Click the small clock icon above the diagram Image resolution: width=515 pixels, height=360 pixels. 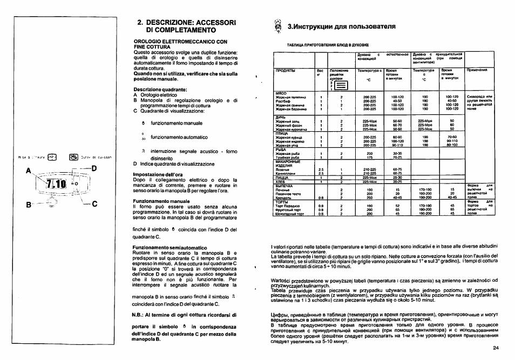click(x=53, y=158)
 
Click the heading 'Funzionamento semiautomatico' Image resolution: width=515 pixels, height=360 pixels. click(x=164, y=247)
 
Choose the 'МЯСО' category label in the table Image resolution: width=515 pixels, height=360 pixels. click(x=281, y=93)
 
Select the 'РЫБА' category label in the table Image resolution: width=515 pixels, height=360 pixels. click(x=281, y=149)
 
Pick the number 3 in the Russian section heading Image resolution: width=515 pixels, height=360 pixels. click(x=290, y=26)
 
